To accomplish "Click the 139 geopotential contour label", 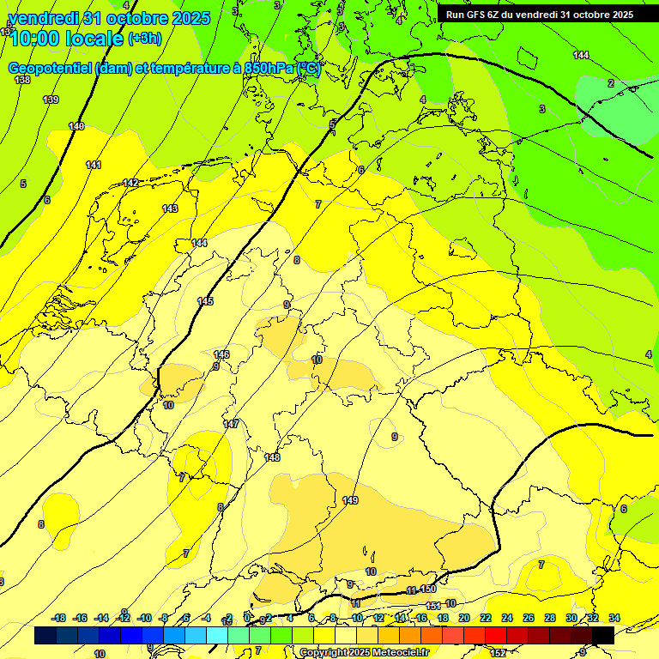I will coord(51,100).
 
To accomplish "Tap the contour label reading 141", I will coord(94,165).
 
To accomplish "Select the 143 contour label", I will coord(170,209).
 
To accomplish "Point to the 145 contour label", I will coord(205,301).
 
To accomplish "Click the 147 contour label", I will coord(231,424).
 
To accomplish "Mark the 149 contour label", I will coord(350,500).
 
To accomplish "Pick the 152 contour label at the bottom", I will coord(499,652).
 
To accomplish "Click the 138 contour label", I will coord(23,80).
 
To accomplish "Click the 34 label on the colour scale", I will coord(614,618).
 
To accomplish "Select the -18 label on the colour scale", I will coord(58,618).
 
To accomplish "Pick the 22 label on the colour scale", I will coord(486,618).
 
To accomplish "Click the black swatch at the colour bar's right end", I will coord(603,635).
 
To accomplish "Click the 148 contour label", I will coord(272,457).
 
